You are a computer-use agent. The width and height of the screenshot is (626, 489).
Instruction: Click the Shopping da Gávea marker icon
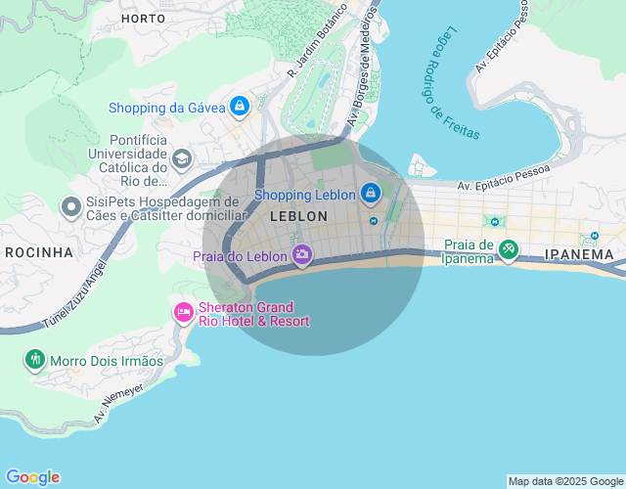click(x=239, y=106)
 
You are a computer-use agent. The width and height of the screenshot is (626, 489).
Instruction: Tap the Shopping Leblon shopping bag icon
click(x=371, y=194)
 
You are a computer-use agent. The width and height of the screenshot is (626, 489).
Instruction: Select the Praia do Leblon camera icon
click(x=302, y=255)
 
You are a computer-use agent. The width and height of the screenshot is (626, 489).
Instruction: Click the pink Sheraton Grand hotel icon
click(x=183, y=312)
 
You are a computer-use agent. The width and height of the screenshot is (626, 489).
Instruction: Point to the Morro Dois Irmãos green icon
click(x=35, y=359)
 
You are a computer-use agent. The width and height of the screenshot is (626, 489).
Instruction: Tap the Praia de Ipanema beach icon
click(x=508, y=249)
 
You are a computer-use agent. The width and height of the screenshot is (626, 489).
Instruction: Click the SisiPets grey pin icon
click(x=70, y=206)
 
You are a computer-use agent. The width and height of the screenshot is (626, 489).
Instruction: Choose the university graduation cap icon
click(x=181, y=158)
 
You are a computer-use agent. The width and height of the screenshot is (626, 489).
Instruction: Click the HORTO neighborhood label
click(x=143, y=19)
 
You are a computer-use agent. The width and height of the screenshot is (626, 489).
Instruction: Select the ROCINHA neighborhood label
click(x=39, y=252)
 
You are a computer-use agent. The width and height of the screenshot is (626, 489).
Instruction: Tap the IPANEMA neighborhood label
click(x=579, y=254)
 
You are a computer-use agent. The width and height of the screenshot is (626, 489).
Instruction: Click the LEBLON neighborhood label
click(x=298, y=216)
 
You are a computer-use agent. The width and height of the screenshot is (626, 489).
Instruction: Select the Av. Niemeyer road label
click(x=118, y=402)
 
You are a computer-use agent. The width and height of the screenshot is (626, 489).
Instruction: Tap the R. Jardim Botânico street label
click(x=317, y=42)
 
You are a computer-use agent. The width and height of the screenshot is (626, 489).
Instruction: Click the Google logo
click(x=31, y=477)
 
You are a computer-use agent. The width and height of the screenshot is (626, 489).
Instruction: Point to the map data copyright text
click(x=564, y=481)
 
